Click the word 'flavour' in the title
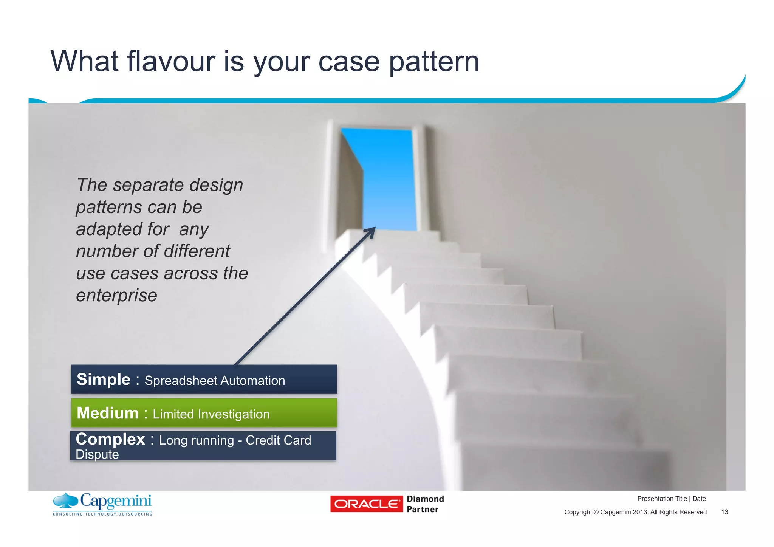click(x=171, y=61)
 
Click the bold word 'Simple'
click(x=103, y=379)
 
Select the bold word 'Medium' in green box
click(x=107, y=413)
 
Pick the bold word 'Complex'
click(x=110, y=439)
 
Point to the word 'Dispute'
click(x=97, y=454)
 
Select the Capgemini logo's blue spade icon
click(x=66, y=501)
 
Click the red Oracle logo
click(x=366, y=504)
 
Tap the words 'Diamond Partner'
click(x=425, y=504)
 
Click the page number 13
click(x=724, y=512)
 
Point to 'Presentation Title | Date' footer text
click(x=671, y=499)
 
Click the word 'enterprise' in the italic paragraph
click(x=116, y=295)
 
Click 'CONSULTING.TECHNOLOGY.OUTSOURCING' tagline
click(x=102, y=514)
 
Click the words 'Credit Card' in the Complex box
click(x=278, y=440)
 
